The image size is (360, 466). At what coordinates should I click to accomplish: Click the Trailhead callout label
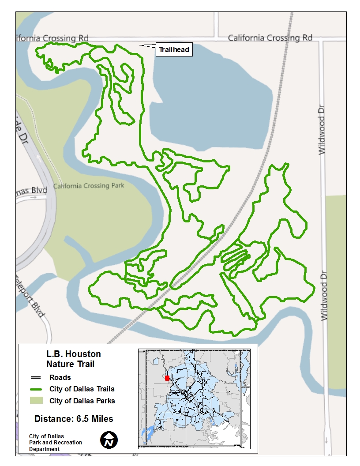[x=174, y=50]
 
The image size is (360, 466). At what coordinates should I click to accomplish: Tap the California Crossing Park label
[x=89, y=186]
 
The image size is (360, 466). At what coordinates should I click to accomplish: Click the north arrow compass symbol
[x=109, y=440]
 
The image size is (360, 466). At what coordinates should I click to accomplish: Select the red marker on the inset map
[x=167, y=378]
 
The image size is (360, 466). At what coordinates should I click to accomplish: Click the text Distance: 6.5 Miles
[x=74, y=419]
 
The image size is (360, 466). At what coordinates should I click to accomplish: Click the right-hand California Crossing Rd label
[x=270, y=38]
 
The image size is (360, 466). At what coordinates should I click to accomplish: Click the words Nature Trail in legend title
[x=71, y=364]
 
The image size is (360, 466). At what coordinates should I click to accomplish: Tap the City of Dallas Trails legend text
[x=82, y=389]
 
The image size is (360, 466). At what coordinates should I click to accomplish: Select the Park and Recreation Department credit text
[x=56, y=443]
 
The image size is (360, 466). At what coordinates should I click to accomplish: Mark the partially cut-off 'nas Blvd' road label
[x=32, y=190]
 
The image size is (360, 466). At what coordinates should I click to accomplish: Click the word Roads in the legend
[x=60, y=378]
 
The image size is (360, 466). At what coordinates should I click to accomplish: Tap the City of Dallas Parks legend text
[x=82, y=401]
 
